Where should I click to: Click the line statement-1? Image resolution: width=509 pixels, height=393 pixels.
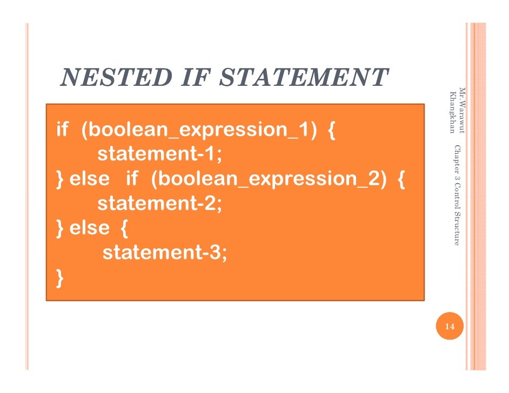coord(159,154)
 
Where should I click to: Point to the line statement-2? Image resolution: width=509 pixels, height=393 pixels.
coord(159,204)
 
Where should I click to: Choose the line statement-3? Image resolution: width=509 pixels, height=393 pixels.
coord(164,252)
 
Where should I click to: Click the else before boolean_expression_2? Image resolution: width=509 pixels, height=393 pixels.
coord(89,179)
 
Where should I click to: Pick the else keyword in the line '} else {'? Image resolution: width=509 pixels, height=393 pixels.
coord(89,228)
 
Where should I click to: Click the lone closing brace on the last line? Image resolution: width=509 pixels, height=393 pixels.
coord(59,277)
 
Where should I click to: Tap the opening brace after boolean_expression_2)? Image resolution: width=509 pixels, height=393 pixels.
coord(401,179)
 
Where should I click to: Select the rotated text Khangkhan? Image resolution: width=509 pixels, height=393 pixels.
coord(452,113)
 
